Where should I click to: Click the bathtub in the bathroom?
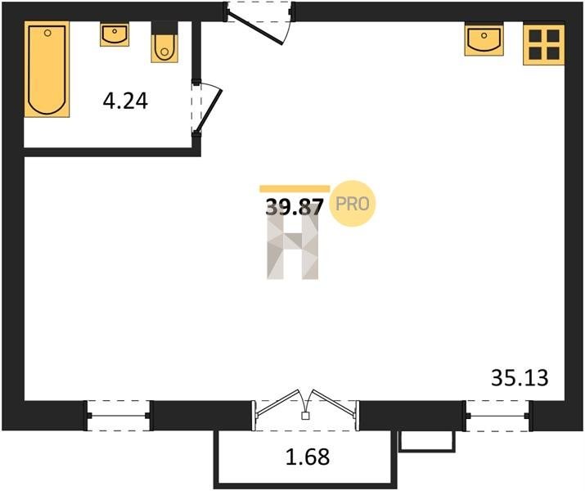47,70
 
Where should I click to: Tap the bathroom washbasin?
115,34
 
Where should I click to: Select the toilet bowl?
164,42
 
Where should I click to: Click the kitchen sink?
484,39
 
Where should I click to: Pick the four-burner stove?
544,45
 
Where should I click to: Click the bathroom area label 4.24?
125,101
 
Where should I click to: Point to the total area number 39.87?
294,207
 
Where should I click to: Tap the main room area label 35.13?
520,377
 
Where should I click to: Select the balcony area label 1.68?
308,457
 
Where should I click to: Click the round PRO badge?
353,203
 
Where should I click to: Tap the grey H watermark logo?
293,246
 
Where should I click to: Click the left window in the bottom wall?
119,416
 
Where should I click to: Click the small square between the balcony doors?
305,416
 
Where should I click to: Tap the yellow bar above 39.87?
295,189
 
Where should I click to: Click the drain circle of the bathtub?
47,33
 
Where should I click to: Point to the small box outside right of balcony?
427,441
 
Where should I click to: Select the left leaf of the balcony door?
277,402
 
